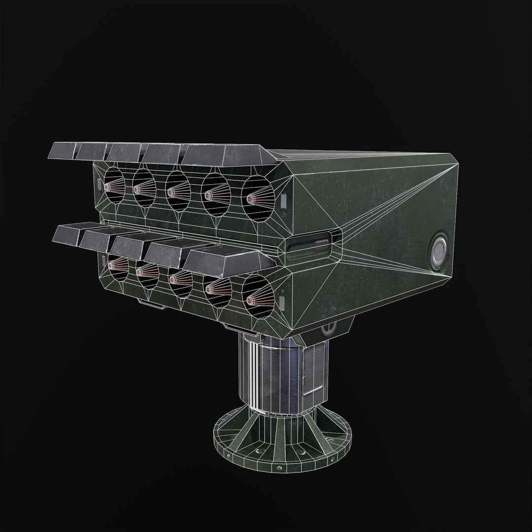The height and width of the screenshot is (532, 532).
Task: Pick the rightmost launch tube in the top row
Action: pyautogui.click(x=256, y=196)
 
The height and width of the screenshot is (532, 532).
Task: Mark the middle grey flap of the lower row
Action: pyautogui.click(x=135, y=244)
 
